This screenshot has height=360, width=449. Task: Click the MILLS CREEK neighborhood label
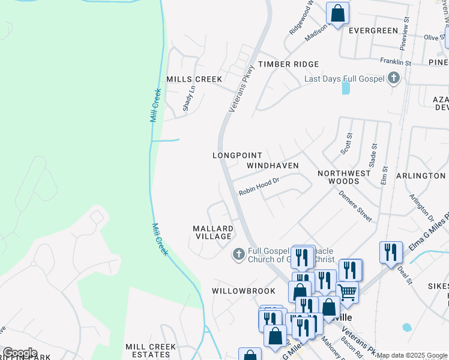(x=194, y=79)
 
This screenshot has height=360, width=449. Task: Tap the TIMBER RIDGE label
(x=288, y=64)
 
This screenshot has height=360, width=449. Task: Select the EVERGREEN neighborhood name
(x=373, y=31)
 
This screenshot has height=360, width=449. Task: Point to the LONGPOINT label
(x=238, y=155)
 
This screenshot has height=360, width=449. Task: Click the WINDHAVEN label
(x=273, y=164)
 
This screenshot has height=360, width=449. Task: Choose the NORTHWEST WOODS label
(x=344, y=177)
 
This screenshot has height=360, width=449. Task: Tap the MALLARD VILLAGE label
(x=212, y=232)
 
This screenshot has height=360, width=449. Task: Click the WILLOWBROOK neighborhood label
(x=243, y=290)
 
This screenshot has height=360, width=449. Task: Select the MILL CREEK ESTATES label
(x=151, y=350)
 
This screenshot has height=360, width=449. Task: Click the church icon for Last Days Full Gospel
(x=393, y=78)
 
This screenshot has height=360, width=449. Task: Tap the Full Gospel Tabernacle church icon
(x=238, y=254)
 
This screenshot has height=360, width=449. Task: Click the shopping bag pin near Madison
(x=337, y=13)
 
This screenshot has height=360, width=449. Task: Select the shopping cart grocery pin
(x=348, y=292)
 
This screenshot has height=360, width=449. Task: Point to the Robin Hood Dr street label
(x=259, y=187)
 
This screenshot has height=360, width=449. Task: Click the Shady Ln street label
(x=188, y=98)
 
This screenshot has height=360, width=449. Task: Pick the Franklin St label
(x=395, y=61)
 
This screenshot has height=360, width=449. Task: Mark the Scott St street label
(x=346, y=145)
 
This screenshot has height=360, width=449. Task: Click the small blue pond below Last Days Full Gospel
(x=345, y=88)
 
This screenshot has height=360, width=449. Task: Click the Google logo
(x=20, y=353)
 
